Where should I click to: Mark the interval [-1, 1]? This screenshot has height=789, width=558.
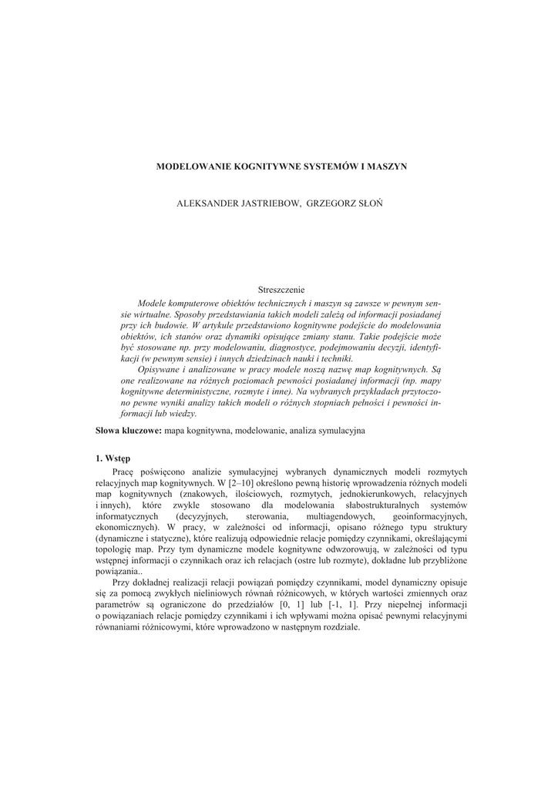[x=348, y=606]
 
